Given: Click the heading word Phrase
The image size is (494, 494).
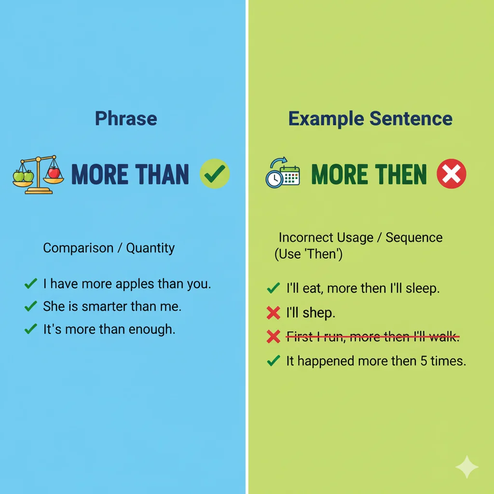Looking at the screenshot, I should coord(126,119).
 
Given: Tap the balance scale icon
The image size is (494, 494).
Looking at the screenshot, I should coord(38,175).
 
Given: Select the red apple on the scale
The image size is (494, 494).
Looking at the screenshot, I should coord(54,172).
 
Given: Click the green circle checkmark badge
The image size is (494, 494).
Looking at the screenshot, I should coord(215,174).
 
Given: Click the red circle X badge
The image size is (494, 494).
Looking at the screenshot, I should coord(452,174).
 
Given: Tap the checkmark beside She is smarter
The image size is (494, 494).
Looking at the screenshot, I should coord(30,306).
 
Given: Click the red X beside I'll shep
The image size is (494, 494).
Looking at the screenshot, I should coord(273,313).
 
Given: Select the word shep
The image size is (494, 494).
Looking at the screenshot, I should coord(318,314).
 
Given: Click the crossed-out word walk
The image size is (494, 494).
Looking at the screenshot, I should coord(443,337).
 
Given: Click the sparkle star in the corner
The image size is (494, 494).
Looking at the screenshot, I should coord(467,467).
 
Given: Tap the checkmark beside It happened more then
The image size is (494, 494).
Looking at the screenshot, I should coord(273,360).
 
